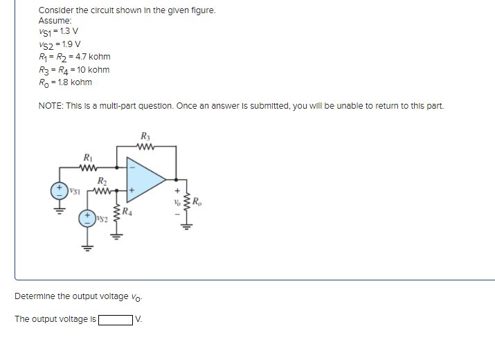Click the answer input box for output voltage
pyautogui.click(x=116, y=320)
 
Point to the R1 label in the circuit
pyautogui.click(x=87, y=157)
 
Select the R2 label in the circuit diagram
pyautogui.click(x=102, y=181)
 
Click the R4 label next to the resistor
pyautogui.click(x=127, y=212)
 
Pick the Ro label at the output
pyautogui.click(x=197, y=202)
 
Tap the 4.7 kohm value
pyautogui.click(x=89, y=57)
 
